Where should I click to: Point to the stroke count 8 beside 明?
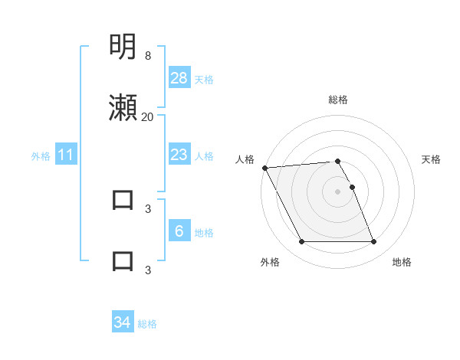pos(148,56)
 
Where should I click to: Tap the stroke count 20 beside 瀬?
pos(147,117)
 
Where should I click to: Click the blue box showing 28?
pos(179,78)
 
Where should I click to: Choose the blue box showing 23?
pos(179,155)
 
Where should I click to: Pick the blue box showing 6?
pos(179,231)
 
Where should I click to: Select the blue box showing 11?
pos(66,155)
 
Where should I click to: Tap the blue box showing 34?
pos(123,323)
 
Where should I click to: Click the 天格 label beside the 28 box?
pos(204,80)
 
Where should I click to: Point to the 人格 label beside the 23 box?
pos(204,156)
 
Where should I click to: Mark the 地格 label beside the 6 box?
pos(204,233)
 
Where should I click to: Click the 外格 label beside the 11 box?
pos(41,156)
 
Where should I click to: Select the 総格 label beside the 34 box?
pos(147,325)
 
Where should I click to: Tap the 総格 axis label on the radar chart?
pos(338,100)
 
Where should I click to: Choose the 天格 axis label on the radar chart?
pos(432,159)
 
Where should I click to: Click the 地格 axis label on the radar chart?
pos(402,262)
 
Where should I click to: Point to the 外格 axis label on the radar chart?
pos(270,262)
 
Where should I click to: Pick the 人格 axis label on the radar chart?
pos(244,159)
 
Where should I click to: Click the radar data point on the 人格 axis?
pos(264,168)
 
